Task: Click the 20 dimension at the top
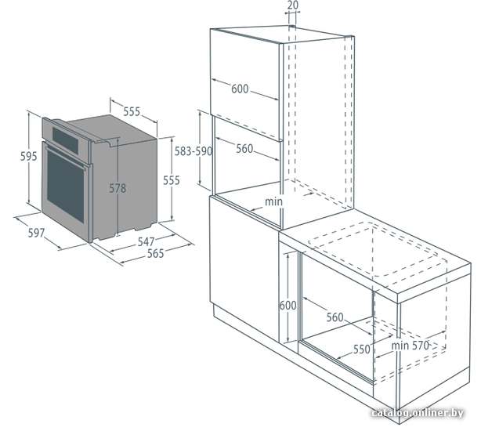(293, 5)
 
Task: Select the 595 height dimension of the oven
(28, 156)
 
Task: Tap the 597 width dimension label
(36, 234)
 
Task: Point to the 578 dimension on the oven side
(118, 188)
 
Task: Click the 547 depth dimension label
(146, 241)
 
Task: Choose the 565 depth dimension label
(156, 253)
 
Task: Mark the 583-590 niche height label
(193, 151)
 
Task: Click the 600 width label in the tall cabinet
(240, 89)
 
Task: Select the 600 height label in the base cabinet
(288, 306)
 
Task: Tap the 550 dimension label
(362, 349)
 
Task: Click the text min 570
(410, 346)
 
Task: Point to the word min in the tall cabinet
(273, 201)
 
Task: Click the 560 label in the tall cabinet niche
(244, 149)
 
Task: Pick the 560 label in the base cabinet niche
(335, 317)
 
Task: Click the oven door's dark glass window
(65, 187)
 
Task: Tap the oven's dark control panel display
(65, 140)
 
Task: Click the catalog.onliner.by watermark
(418, 413)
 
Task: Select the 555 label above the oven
(132, 111)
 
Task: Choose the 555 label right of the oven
(172, 180)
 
